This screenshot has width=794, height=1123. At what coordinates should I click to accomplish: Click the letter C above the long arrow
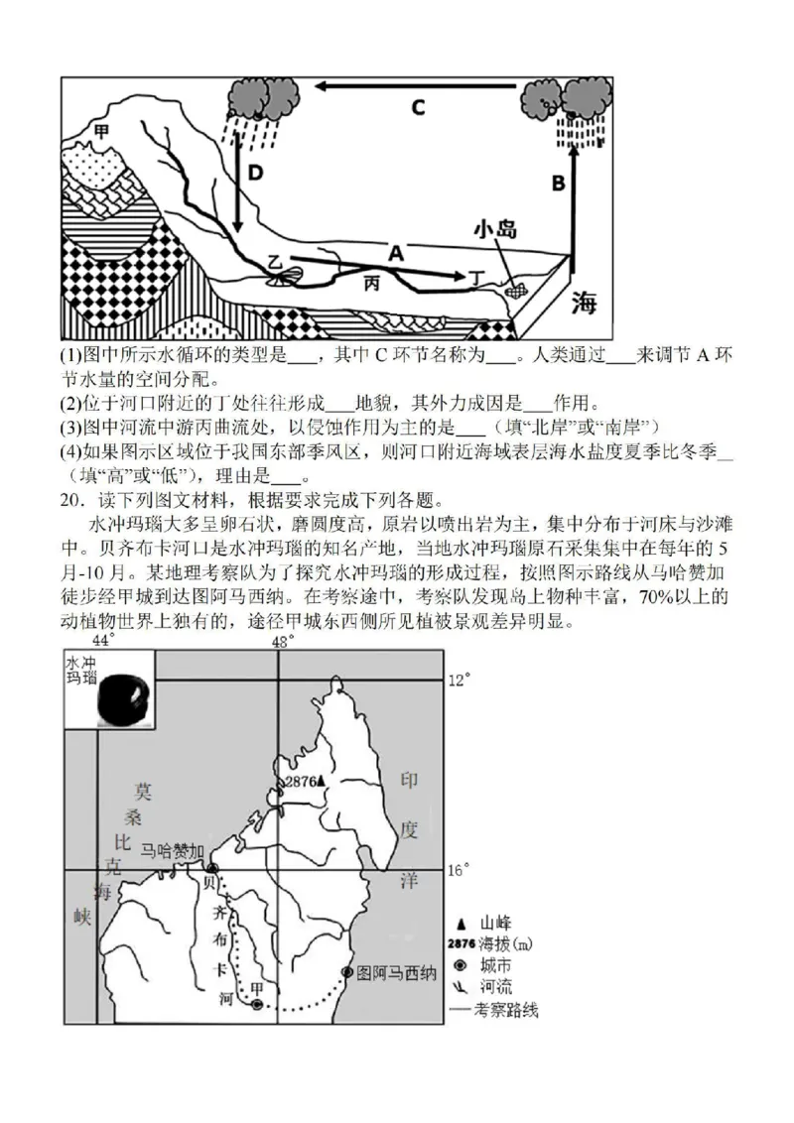(x=418, y=107)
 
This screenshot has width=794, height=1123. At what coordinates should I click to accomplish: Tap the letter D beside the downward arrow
(x=256, y=174)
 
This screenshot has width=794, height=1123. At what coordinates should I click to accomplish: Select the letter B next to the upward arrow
(x=559, y=183)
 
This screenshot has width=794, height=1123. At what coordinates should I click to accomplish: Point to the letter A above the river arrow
(x=396, y=254)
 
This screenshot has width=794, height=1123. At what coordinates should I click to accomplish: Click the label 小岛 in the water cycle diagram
(x=494, y=230)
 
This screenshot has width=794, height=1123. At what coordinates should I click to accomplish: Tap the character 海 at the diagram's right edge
(x=584, y=305)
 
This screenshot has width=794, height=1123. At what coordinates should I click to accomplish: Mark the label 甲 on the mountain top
(x=100, y=130)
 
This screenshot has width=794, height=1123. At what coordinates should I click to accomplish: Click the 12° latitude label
(x=458, y=681)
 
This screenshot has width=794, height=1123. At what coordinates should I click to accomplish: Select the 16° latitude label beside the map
(x=458, y=870)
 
